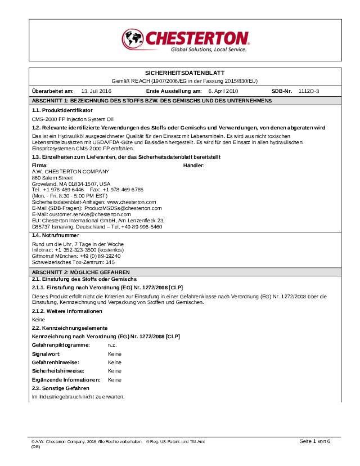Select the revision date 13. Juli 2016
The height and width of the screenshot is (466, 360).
click(x=96, y=91)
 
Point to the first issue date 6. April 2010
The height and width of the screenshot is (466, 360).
click(x=223, y=91)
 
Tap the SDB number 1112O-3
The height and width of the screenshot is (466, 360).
click(x=309, y=91)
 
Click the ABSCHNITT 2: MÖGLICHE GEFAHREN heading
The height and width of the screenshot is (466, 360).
click(x=77, y=271)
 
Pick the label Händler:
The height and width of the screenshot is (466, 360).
click(x=193, y=165)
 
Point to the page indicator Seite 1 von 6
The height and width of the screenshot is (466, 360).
click(x=314, y=440)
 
